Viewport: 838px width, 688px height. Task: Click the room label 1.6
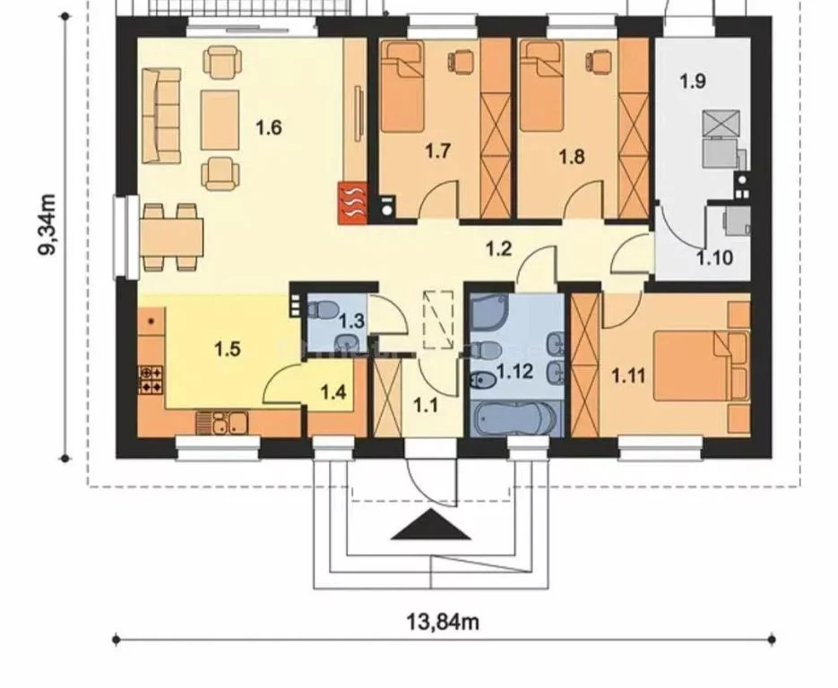[x=268, y=128]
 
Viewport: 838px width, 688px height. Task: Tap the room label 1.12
[x=514, y=371]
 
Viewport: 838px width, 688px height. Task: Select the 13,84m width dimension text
[x=443, y=622]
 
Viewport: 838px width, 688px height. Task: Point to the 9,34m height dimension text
[x=49, y=226]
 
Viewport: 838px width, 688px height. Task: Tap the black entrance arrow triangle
[x=431, y=525]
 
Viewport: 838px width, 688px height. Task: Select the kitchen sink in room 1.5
[x=222, y=423]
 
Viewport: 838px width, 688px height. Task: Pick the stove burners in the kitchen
[x=151, y=379]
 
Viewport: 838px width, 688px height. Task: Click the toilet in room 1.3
[x=323, y=309]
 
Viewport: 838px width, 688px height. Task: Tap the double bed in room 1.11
[x=700, y=365]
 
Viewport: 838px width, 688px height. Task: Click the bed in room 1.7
[x=402, y=86]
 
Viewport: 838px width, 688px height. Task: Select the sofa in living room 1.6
[x=161, y=116]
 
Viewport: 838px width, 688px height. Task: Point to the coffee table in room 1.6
[x=220, y=120]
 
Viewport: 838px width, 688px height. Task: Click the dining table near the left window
[x=172, y=237]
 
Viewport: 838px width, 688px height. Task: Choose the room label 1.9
[x=693, y=82]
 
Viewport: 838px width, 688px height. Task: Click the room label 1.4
[x=333, y=393]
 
